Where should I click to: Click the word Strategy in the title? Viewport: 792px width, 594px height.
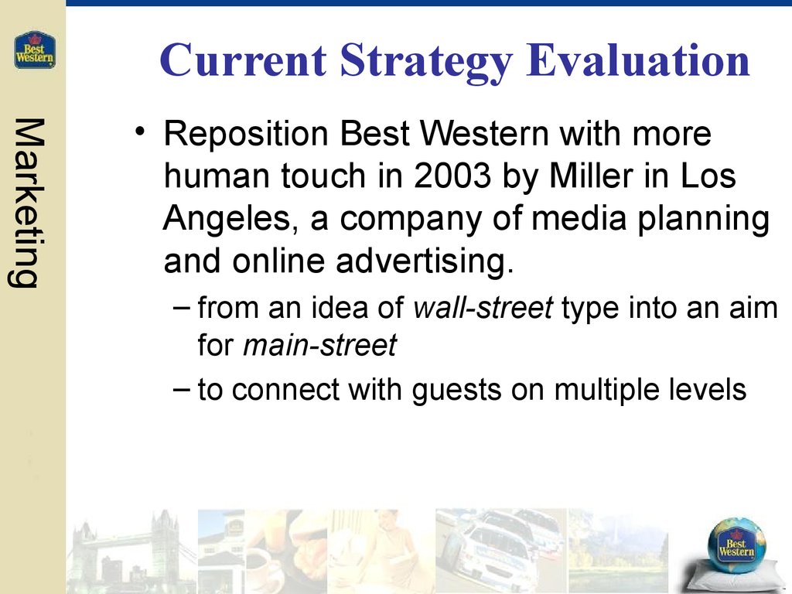(x=426, y=61)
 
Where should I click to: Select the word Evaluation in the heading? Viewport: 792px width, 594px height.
(x=638, y=60)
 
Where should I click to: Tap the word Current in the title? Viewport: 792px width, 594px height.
(x=244, y=60)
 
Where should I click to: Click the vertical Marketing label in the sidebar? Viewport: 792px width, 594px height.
(x=27, y=203)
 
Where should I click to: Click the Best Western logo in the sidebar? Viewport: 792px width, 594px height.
(x=34, y=50)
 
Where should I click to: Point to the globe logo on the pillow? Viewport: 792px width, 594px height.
(x=736, y=544)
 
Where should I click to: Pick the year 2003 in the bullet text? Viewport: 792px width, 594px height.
(x=452, y=176)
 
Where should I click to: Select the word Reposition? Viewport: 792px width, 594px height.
(x=246, y=135)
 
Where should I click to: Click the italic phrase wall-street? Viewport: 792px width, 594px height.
(x=483, y=307)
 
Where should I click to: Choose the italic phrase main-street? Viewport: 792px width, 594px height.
(x=319, y=346)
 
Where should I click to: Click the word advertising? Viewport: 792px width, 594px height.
(x=425, y=261)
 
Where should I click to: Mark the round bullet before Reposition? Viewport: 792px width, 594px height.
(x=140, y=132)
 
